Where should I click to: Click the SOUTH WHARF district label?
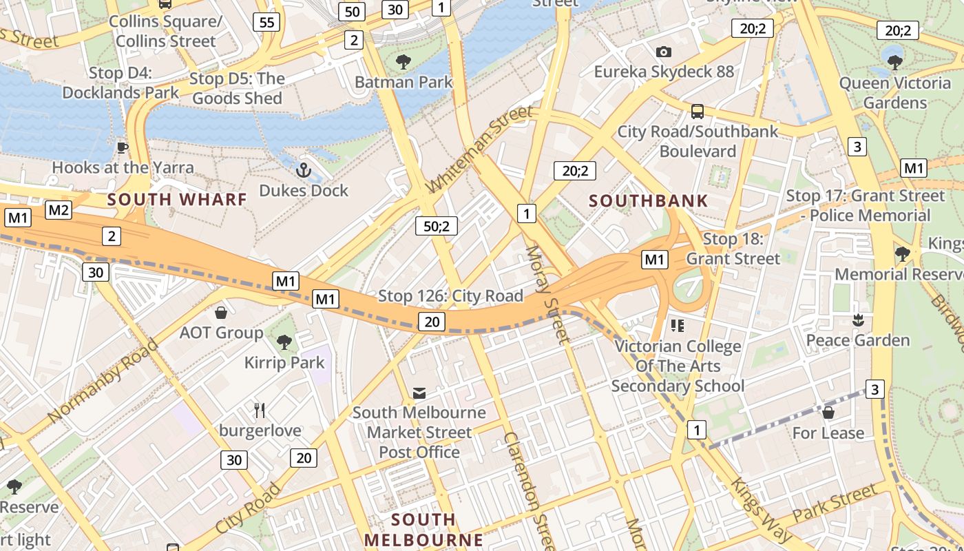click(177, 200)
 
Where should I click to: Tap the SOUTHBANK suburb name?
click(649, 201)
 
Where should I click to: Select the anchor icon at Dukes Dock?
click(303, 169)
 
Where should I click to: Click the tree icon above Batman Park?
click(404, 62)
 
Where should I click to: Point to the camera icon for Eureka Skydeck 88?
click(664, 52)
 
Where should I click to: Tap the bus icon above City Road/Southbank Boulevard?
click(698, 111)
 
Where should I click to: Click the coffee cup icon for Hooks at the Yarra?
click(123, 147)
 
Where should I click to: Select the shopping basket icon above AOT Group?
click(221, 313)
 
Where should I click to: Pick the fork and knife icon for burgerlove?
click(260, 410)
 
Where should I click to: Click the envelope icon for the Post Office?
click(419, 393)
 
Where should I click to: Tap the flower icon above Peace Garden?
click(858, 320)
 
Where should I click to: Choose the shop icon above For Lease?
click(828, 413)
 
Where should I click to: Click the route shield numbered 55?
click(266, 22)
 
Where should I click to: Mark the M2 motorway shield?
click(59, 210)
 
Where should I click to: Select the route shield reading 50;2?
click(437, 225)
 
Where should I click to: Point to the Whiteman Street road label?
click(480, 149)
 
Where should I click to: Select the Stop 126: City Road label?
click(450, 296)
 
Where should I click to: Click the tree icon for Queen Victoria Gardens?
click(894, 63)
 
